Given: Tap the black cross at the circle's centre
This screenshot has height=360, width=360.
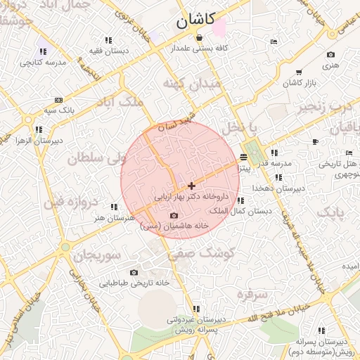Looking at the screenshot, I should [191, 186].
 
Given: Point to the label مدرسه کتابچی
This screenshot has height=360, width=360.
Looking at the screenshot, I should [44, 62].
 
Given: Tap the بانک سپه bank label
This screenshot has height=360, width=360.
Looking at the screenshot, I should [59, 110].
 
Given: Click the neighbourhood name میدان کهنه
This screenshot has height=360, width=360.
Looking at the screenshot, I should [191, 84].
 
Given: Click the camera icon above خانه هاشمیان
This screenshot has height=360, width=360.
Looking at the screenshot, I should [174, 216].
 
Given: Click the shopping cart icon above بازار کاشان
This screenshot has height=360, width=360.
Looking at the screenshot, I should [299, 72].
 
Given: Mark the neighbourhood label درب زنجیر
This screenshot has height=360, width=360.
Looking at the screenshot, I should [321, 107].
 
